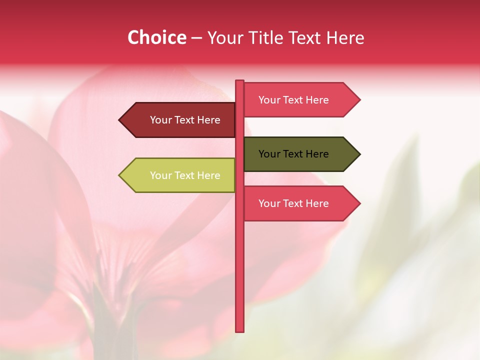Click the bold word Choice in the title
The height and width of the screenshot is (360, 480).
point(156,37)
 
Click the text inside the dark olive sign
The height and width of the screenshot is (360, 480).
point(293,154)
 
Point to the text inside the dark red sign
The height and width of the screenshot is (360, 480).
point(185,120)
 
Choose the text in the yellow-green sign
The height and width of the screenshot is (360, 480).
point(185,175)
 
